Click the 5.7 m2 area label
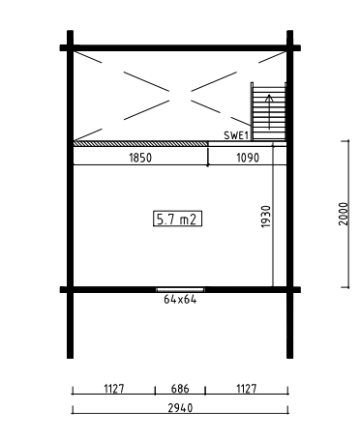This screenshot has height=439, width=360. click(177, 219)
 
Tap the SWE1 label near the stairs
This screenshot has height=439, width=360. click(236, 135)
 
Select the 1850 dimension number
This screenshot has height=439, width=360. click(140, 158)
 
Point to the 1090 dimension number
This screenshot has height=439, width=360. click(248, 158)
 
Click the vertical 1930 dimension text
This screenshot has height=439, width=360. click(266, 217)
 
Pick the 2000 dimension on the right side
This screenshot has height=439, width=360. click(344, 214)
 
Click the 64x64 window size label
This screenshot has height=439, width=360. click(180, 300)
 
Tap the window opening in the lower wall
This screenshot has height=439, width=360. click(180, 289)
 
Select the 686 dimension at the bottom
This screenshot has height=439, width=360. click(180, 389)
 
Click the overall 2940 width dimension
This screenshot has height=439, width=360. click(180, 408)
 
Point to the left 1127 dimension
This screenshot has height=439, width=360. click(114, 389)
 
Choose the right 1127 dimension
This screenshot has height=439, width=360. click(247, 389)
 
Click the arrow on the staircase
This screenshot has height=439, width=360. click(269, 112)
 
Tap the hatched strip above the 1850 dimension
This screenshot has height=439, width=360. click(140, 143)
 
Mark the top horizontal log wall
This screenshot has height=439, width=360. click(180, 48)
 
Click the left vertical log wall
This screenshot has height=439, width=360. click(70, 194)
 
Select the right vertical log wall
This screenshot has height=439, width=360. click(290, 194)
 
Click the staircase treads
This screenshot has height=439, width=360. click(269, 111)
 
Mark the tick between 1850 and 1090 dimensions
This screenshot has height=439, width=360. click(208, 158)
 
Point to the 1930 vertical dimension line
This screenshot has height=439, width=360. click(273, 215)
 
